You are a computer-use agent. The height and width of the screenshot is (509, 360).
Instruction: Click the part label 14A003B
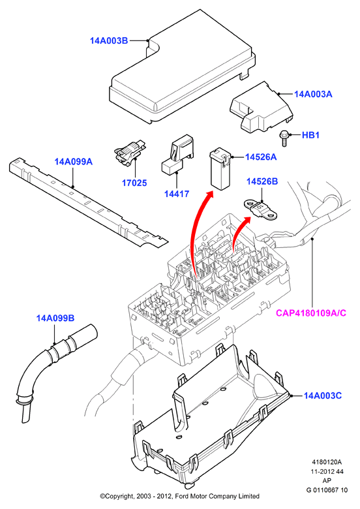click(109, 41)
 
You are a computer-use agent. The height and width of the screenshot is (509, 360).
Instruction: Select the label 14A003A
click(313, 94)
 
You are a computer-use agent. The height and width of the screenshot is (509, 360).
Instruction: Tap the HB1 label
click(310, 135)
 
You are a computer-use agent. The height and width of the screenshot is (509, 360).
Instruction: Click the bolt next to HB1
click(284, 138)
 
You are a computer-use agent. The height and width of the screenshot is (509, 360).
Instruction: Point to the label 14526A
click(261, 157)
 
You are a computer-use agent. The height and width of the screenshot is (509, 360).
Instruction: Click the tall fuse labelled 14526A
click(220, 169)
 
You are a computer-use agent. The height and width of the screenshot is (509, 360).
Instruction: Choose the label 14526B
click(262, 181)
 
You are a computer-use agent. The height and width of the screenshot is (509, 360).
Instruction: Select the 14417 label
click(177, 194)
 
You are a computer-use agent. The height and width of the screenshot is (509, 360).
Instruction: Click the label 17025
click(134, 183)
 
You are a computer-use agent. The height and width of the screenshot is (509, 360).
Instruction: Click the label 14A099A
click(74, 161)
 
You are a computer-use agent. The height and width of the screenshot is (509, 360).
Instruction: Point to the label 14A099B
click(55, 318)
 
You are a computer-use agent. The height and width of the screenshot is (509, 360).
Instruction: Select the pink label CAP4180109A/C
click(311, 313)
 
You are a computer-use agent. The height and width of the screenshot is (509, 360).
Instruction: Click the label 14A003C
click(323, 395)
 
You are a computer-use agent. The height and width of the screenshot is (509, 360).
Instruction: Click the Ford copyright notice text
click(180, 497)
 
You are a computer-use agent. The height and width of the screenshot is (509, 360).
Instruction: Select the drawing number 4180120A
click(327, 462)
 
